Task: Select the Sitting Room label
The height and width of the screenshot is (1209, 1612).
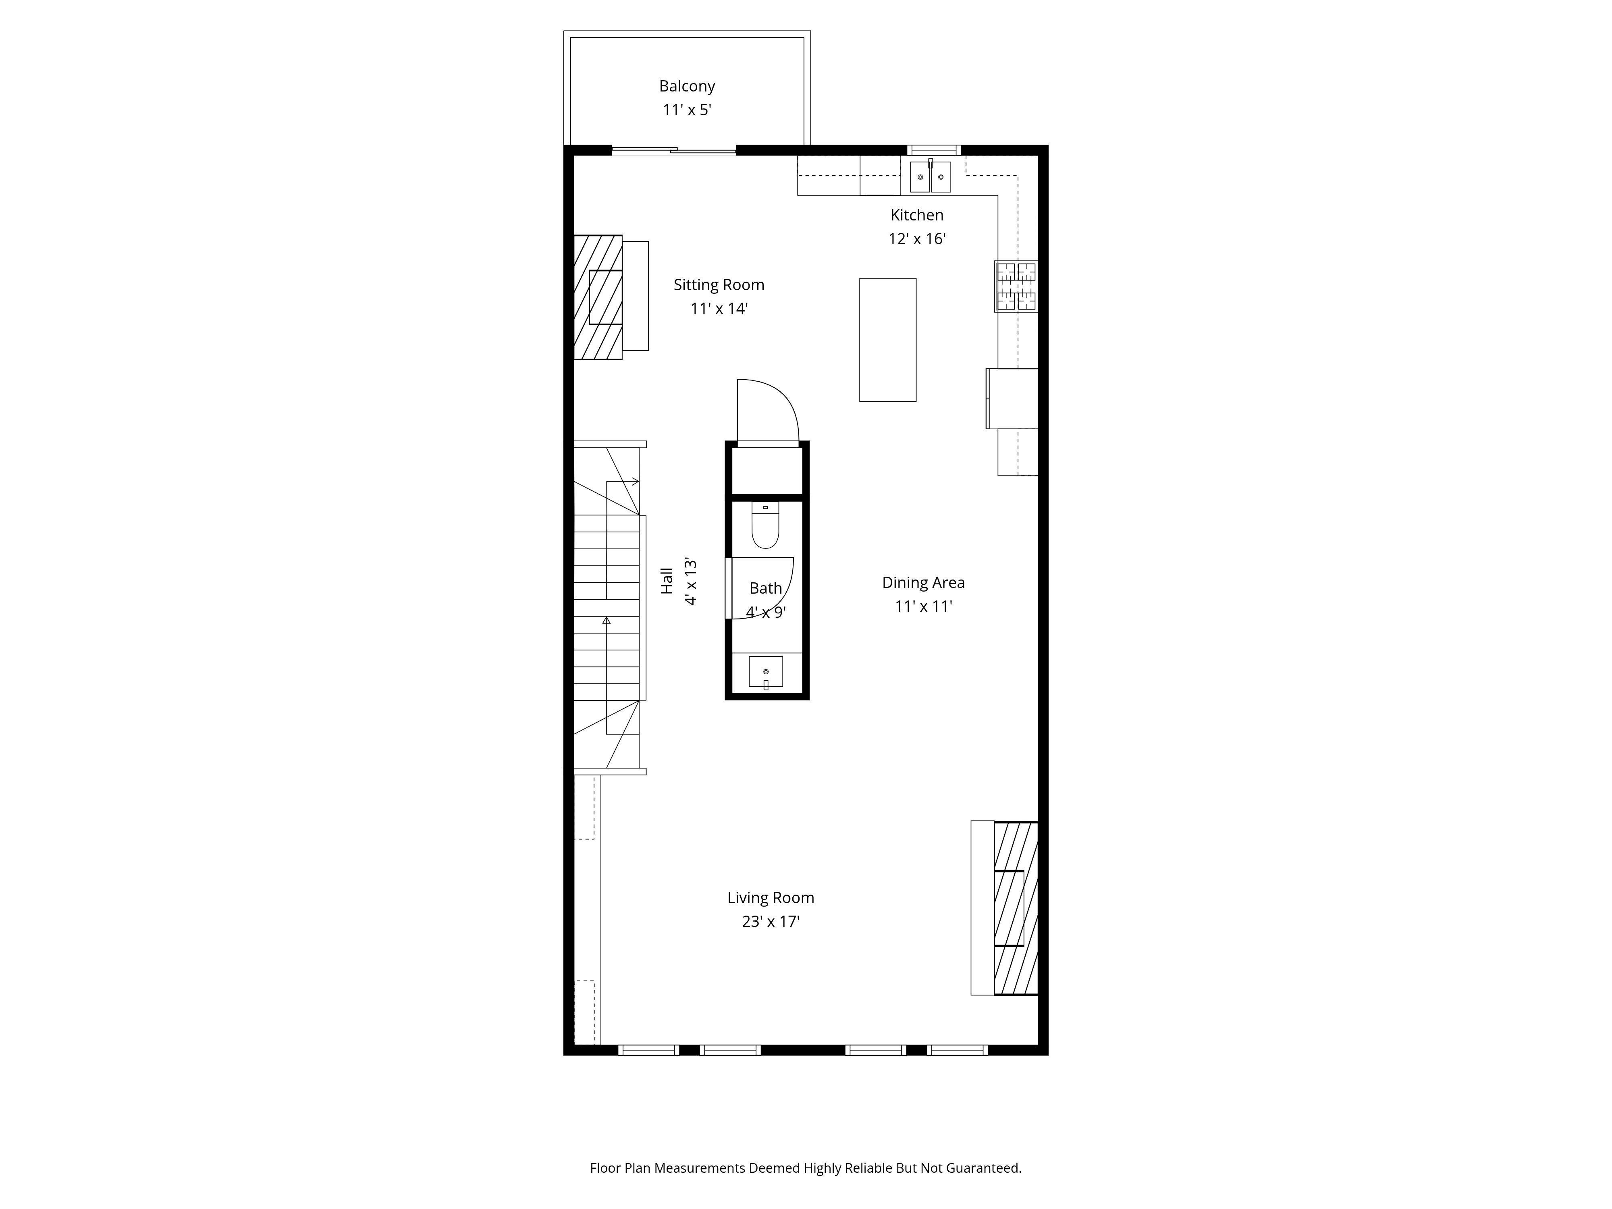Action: [x=719, y=285]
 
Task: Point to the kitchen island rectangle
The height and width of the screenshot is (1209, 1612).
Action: [x=888, y=340]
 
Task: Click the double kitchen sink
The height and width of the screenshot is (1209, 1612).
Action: [x=931, y=177]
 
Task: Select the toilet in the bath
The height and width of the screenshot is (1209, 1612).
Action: [x=765, y=525]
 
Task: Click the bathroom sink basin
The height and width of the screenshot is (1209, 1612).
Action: [x=766, y=671]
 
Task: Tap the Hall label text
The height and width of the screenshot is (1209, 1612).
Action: [x=667, y=581]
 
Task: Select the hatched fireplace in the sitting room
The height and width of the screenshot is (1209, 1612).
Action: [x=598, y=297]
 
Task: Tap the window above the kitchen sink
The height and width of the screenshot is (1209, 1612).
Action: [x=933, y=151]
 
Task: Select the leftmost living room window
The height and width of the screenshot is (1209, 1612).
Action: [x=648, y=1050]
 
